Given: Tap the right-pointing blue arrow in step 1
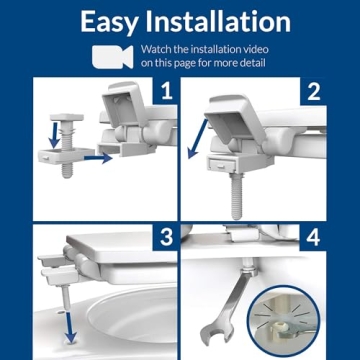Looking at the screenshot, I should [x=98, y=156].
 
